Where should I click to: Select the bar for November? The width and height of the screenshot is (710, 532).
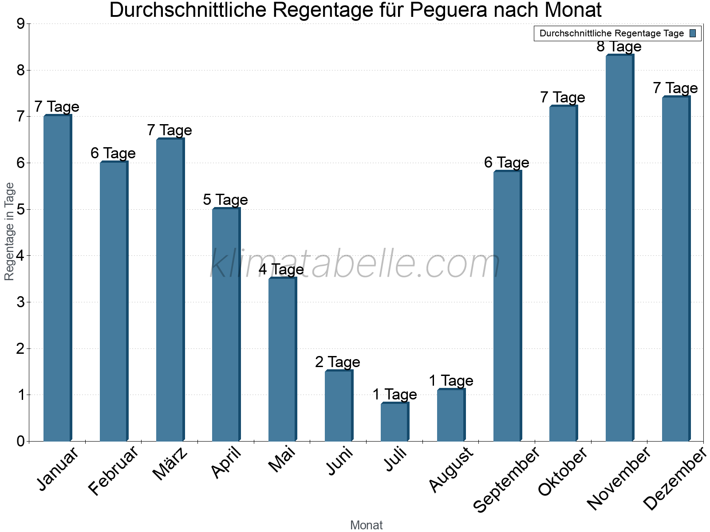[x=619, y=248]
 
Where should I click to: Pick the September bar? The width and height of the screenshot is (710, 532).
[x=507, y=306]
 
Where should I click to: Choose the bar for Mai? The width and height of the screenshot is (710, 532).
[x=282, y=360]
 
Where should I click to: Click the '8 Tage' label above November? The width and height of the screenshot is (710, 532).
[x=619, y=47]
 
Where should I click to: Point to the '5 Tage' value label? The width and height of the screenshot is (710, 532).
[x=225, y=200]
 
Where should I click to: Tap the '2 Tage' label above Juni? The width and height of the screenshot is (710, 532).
[x=338, y=362]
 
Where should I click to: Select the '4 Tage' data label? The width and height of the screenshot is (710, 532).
[x=281, y=270]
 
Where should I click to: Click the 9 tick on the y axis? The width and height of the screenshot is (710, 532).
[x=20, y=24]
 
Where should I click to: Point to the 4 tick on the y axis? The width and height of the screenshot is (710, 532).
[x=20, y=256]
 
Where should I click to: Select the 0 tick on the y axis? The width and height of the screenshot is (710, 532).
[x=20, y=442]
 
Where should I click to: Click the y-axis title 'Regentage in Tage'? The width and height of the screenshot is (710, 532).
[x=9, y=231]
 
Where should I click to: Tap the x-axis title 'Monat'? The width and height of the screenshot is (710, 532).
[x=366, y=525]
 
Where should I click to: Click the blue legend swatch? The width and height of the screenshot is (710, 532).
[x=693, y=33]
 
